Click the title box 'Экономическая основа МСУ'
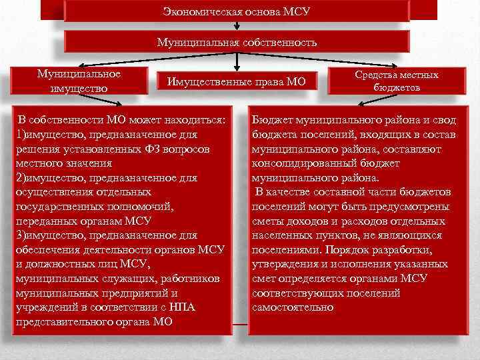pyautogui.click(x=237, y=12)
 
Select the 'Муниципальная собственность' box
pyautogui.click(x=237, y=42)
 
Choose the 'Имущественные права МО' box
pyautogui.click(x=237, y=81)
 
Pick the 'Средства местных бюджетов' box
pyautogui.click(x=397, y=81)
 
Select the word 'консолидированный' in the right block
pyautogui.click(x=296, y=163)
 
